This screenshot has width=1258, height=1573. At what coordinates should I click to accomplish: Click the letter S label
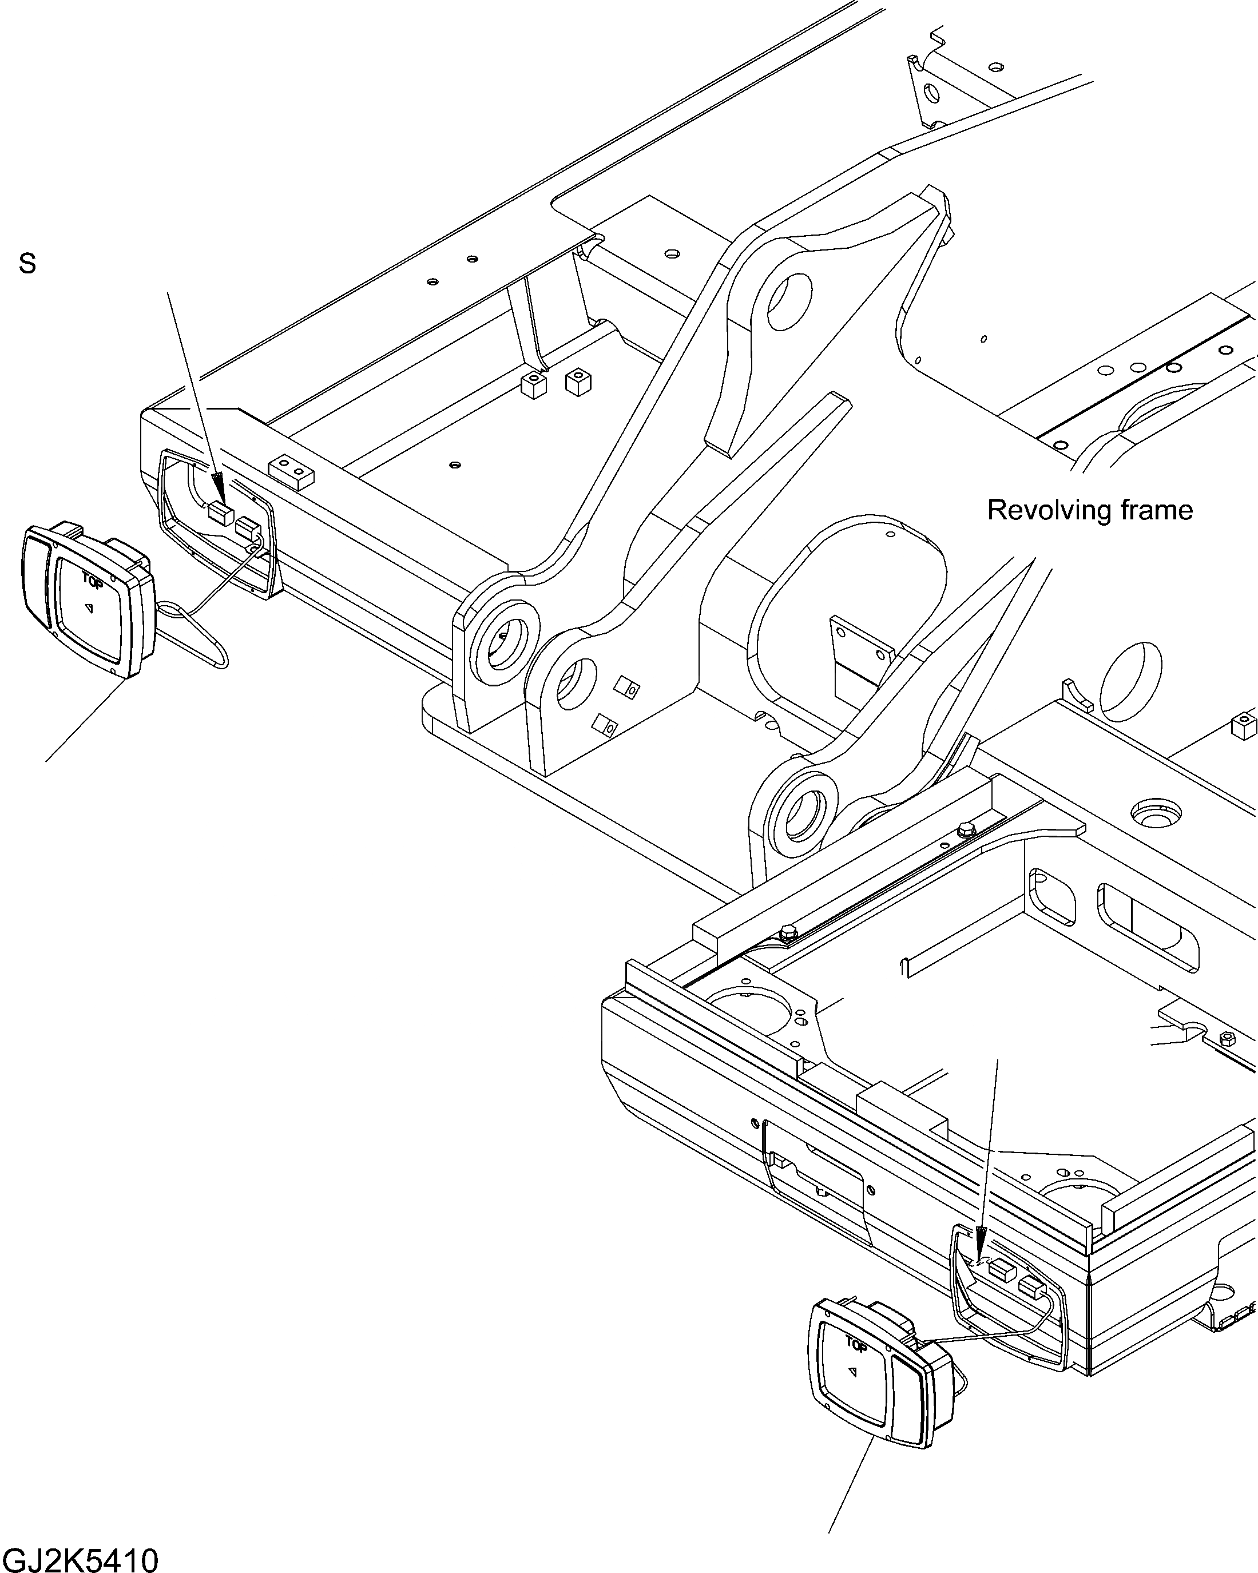click(x=27, y=264)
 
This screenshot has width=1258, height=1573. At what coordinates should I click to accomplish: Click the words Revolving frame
click(x=1089, y=510)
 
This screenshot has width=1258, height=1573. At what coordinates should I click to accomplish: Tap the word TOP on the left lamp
click(x=92, y=582)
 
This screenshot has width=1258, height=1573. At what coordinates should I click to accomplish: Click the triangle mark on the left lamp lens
click(x=90, y=607)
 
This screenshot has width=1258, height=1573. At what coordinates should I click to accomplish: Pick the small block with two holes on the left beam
click(x=292, y=472)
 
